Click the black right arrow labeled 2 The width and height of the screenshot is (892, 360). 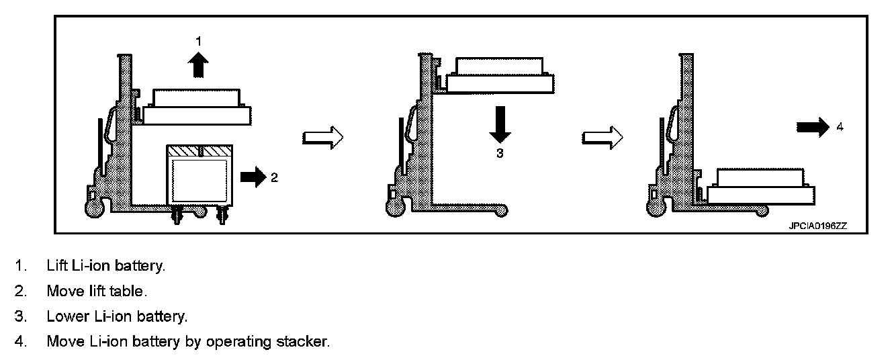253,177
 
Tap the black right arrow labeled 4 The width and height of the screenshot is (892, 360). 813,126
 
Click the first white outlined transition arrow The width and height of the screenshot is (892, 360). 323,138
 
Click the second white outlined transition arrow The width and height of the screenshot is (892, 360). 602,138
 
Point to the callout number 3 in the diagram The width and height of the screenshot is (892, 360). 499,153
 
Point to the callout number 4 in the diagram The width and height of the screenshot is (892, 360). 840,126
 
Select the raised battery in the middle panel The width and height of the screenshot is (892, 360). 500,75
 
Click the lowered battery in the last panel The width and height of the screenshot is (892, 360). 761,186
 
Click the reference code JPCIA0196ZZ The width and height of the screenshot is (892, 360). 817,226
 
